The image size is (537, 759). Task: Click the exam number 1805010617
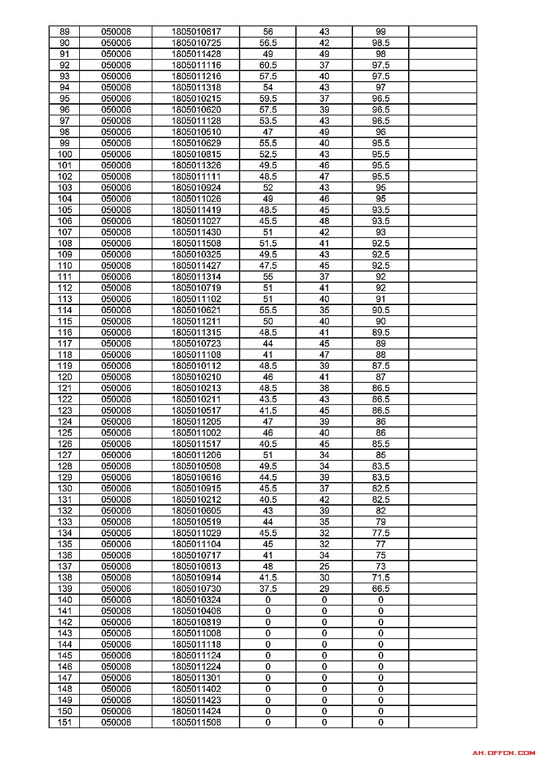196,32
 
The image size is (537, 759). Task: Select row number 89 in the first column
64,32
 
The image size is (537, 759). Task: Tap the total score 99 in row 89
381,32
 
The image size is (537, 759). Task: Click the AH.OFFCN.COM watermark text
503,753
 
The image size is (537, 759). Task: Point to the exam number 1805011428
196,54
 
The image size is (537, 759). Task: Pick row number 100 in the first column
64,154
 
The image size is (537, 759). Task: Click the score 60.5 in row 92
268,65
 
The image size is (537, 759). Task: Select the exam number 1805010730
196,589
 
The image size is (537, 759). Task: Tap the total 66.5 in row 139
381,589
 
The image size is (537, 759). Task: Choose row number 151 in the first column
64,722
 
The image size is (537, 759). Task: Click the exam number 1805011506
196,722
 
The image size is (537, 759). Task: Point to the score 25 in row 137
324,567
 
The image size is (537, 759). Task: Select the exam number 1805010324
196,600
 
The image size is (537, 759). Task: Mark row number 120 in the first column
64,377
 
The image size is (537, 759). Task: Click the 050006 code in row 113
116,299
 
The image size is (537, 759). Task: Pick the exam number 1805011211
196,321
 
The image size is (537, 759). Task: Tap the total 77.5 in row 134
381,533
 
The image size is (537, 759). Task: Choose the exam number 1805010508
196,466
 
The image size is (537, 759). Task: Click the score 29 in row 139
324,589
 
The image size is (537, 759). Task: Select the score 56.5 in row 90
268,43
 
